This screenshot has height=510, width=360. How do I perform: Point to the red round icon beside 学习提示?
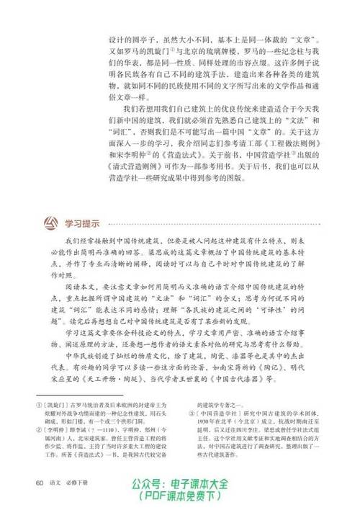(x=52, y=220)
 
